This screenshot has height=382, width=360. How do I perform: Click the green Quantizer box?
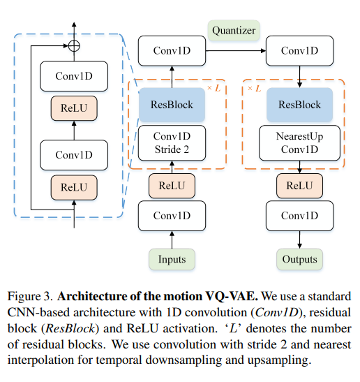pos(234,31)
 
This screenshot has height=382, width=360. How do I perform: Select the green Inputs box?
pos(172,260)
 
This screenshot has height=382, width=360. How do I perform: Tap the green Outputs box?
pos(299,260)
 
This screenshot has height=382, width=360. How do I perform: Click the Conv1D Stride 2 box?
pos(172,142)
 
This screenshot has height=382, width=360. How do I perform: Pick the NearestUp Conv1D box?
pos(299,142)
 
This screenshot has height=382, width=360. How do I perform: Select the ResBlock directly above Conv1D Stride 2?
pos(172,105)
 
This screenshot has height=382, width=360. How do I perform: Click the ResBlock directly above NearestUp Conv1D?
pos(299,105)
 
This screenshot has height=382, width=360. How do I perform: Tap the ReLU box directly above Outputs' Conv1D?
pos(299,185)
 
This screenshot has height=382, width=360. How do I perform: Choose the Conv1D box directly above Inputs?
pos(172,216)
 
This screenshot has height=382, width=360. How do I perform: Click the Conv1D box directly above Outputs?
pos(299,216)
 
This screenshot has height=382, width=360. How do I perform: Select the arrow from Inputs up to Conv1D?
pos(172,240)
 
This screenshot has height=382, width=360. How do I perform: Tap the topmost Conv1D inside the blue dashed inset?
pos(73,75)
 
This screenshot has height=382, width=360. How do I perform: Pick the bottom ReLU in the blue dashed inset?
pos(73,187)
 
